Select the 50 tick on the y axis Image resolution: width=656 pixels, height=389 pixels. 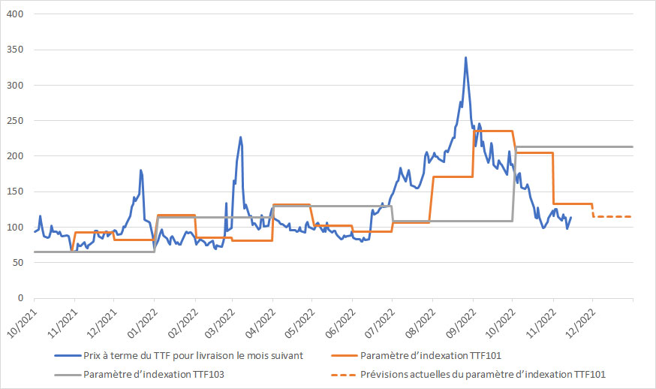(19, 263)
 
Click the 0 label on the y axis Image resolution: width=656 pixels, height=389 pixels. (22, 298)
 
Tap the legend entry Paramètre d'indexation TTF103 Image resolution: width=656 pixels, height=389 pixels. (153, 373)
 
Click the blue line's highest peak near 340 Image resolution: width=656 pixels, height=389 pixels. (466, 57)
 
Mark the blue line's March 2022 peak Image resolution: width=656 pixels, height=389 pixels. (240, 137)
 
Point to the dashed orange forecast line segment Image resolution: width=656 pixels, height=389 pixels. (612, 216)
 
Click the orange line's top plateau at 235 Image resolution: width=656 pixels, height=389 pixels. (492, 131)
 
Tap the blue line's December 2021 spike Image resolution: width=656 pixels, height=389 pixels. (140, 170)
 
